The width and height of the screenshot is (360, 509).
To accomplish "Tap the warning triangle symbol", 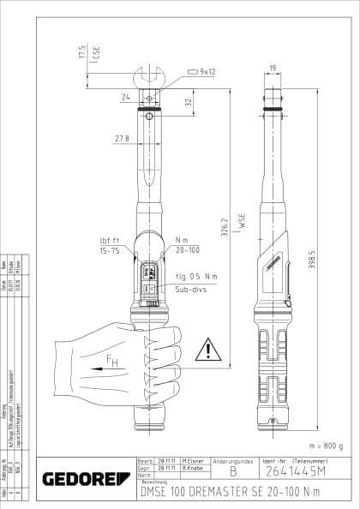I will click(x=207, y=350).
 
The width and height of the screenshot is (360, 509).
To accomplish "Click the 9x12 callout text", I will click(x=208, y=72).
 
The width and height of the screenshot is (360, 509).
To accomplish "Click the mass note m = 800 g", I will click(x=324, y=446).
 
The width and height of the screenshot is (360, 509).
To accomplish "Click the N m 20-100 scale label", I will click(x=186, y=246).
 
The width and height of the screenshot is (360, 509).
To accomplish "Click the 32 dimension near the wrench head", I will click(x=188, y=101).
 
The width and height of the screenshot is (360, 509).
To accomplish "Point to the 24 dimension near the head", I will click(x=125, y=98).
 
